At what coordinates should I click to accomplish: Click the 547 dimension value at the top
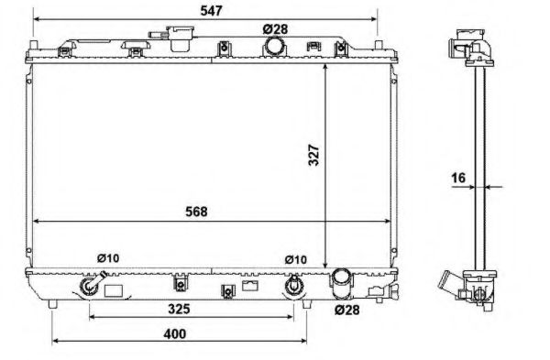[x=211, y=11]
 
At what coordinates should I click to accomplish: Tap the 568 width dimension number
[x=196, y=212]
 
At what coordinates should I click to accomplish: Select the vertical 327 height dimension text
[x=313, y=155]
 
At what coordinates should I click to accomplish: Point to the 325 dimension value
[x=179, y=309]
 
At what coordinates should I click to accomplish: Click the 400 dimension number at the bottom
[x=175, y=333]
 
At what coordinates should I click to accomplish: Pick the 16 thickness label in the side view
[x=458, y=178]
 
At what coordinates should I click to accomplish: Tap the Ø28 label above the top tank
[x=275, y=29]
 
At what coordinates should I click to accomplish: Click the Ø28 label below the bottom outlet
[x=346, y=310]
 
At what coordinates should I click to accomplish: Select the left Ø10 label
[x=108, y=258]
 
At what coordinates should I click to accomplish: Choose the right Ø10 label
[x=296, y=260]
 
